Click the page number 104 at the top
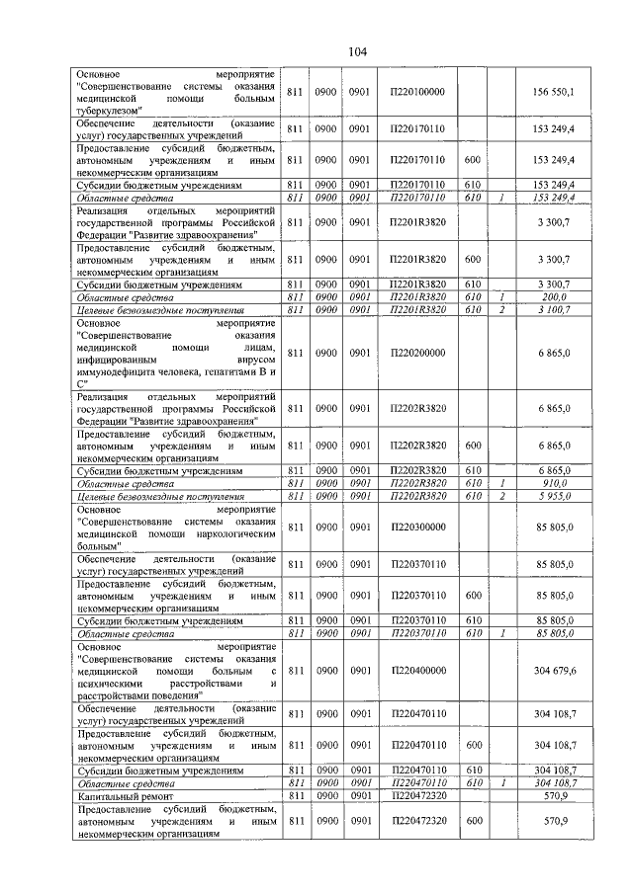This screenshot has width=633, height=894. click(x=357, y=52)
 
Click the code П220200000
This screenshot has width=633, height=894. click(x=418, y=353)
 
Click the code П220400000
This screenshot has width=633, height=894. click(x=418, y=671)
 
